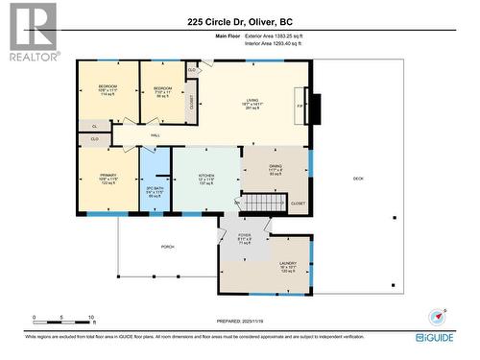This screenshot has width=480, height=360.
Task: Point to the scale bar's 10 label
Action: coord(91,317)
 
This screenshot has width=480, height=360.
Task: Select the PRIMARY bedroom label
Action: coord(108,178)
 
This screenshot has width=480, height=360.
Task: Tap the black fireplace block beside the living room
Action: coord(311,108)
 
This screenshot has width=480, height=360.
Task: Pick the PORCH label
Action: coord(168,247)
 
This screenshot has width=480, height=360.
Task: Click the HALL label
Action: coord(155,136)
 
